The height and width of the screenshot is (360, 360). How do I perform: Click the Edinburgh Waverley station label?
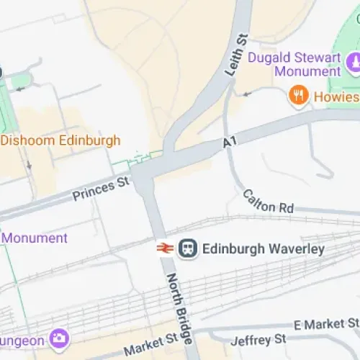tap(263, 249)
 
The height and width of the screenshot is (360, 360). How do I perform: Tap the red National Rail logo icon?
tap(164, 249)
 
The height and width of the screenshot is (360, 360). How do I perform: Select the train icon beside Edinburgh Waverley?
tap(188, 249)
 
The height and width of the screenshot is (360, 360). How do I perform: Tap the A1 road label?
tap(230, 145)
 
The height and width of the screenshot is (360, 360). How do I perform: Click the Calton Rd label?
tap(268, 202)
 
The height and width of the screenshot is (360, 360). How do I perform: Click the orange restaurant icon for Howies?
tap(298, 96)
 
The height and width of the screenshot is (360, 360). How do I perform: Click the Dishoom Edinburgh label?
tap(60, 140)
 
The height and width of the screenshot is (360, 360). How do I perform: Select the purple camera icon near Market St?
tap(58, 337)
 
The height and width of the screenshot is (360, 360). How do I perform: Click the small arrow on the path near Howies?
tap(247, 93)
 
